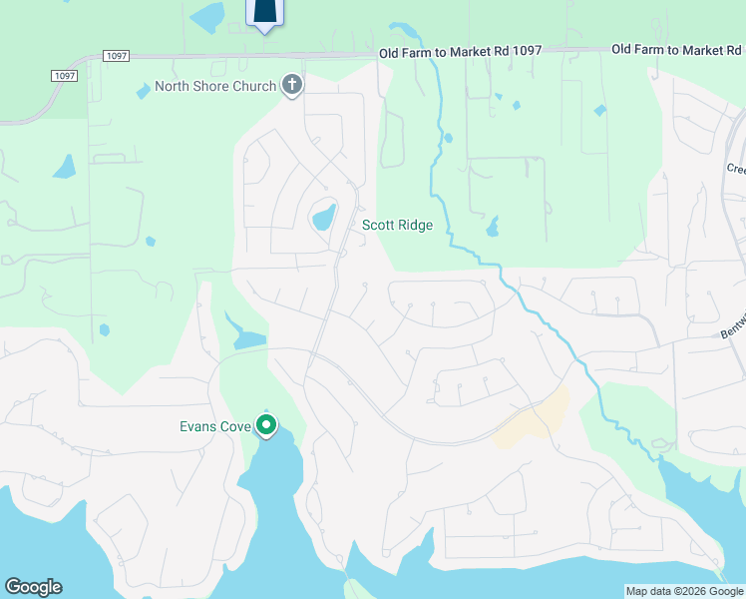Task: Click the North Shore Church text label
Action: tap(214, 86)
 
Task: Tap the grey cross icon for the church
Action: tap(292, 86)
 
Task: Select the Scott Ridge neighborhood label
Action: tap(397, 226)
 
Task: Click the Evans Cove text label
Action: tap(213, 426)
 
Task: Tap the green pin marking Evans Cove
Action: tap(266, 426)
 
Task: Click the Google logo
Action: tap(33, 587)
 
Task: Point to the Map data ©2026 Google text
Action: tap(683, 591)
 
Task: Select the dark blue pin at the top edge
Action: tap(265, 12)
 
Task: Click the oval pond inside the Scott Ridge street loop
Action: tap(323, 217)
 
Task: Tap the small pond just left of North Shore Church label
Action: tap(144, 90)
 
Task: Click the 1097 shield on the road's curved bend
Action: tap(63, 76)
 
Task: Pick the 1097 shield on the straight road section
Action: tap(116, 57)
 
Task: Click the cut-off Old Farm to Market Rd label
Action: tap(677, 49)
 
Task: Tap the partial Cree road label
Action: tap(735, 169)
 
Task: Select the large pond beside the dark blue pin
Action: tap(209, 16)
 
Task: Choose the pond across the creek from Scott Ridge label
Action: tap(492, 229)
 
